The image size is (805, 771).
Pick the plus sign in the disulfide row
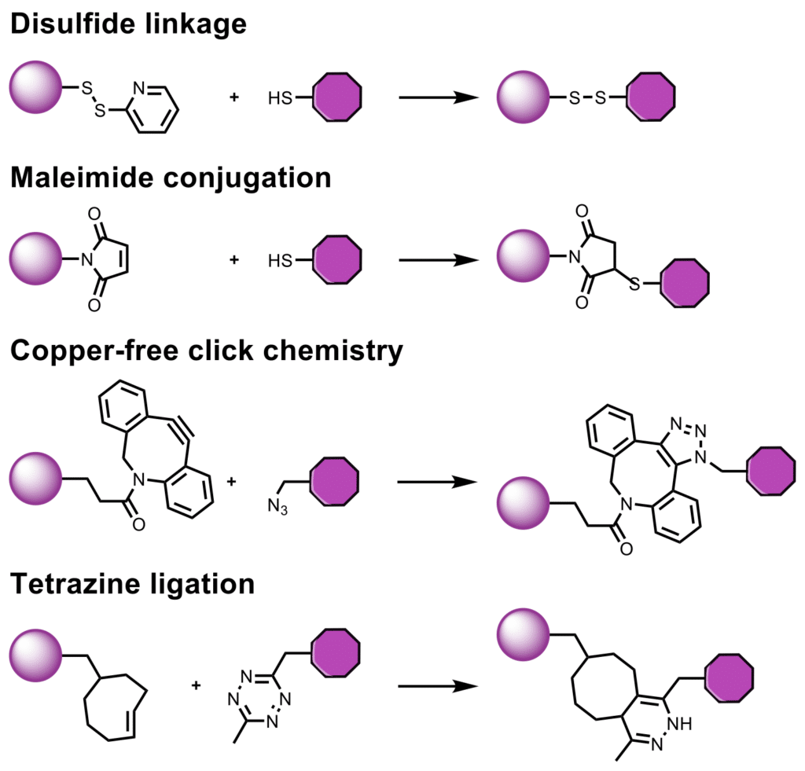point(233,98)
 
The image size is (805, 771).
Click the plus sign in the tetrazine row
point(196,685)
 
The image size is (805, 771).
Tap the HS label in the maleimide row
point(279,259)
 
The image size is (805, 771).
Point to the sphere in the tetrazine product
point(524,633)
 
